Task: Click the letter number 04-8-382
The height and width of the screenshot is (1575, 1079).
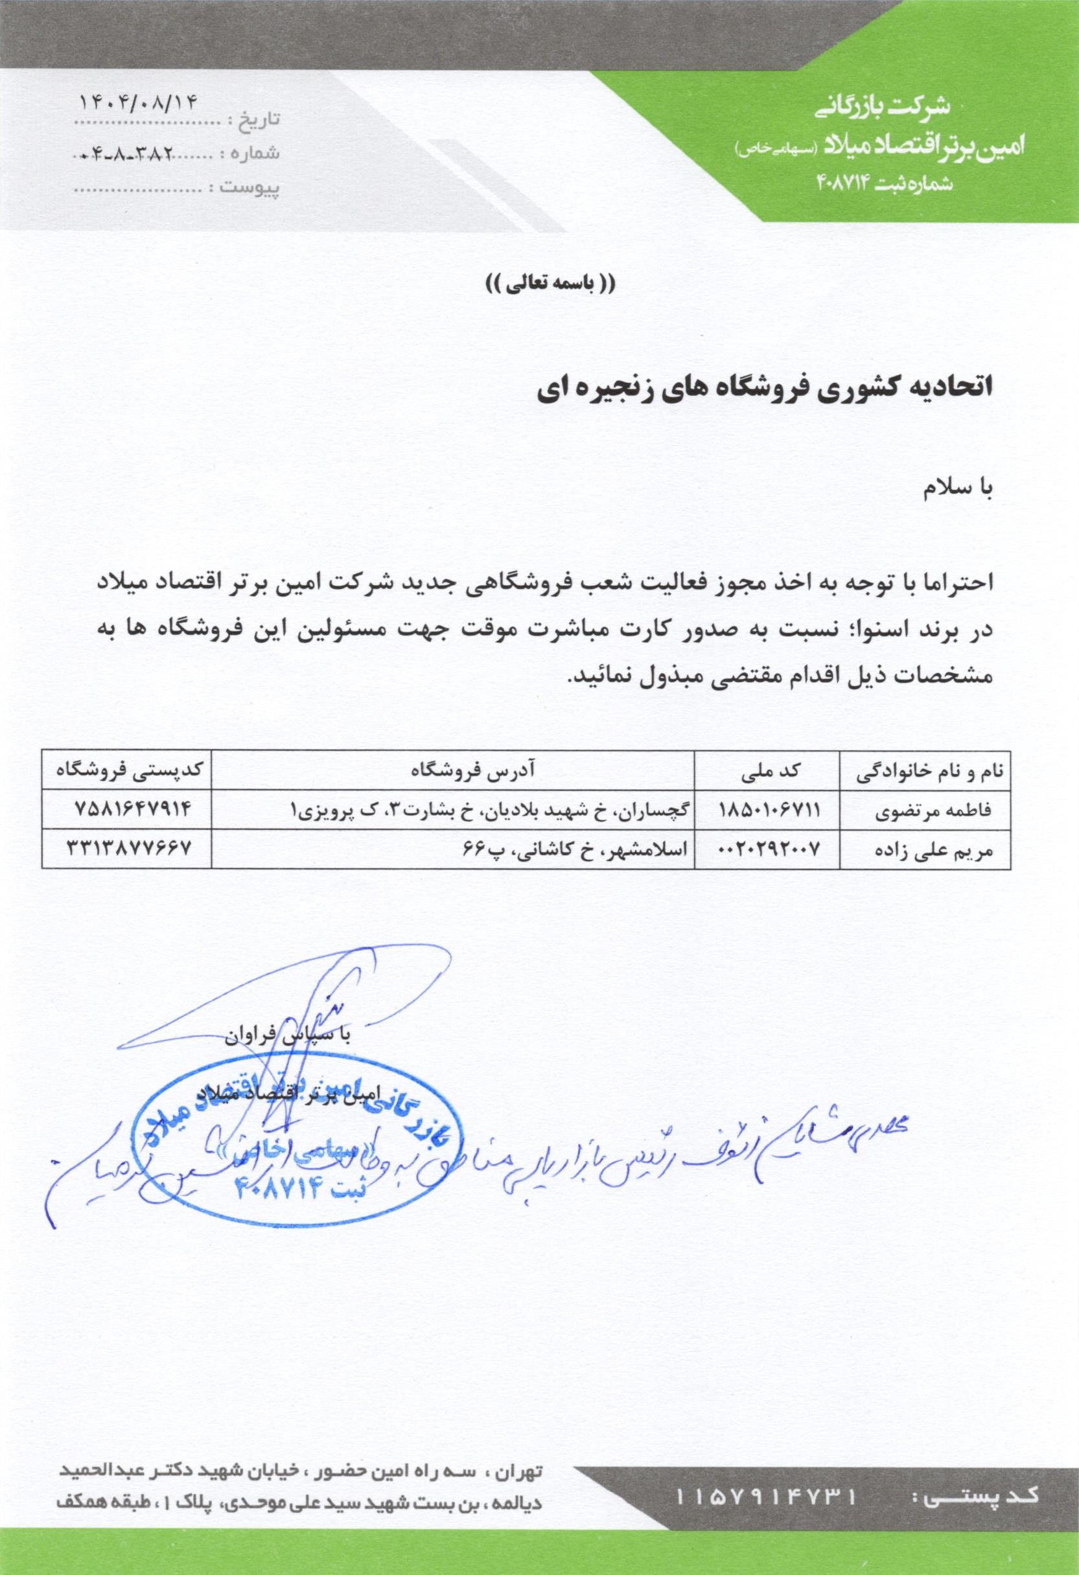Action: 129,154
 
